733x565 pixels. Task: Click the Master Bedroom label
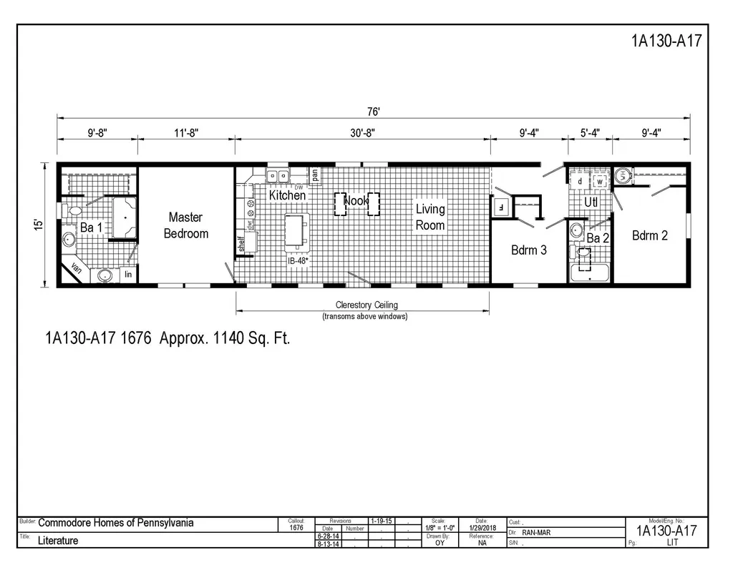[185, 225]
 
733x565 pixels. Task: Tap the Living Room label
[430, 217]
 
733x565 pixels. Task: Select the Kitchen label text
[287, 195]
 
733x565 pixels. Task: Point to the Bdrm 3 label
[529, 250]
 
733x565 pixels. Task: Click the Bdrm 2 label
[649, 235]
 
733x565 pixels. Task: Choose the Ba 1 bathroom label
[91, 227]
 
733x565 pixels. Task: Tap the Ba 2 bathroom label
[597, 238]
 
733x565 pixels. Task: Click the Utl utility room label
[591, 202]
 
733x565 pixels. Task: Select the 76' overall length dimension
[374, 111]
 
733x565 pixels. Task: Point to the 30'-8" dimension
[362, 132]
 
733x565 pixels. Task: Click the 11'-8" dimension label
[185, 132]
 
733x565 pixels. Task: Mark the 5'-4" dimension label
[590, 132]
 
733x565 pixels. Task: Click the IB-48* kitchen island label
[298, 262]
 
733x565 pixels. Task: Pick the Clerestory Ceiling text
[366, 305]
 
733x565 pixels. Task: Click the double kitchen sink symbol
[277, 175]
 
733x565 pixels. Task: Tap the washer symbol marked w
[600, 182]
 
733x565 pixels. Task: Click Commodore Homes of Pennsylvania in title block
[115, 523]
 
